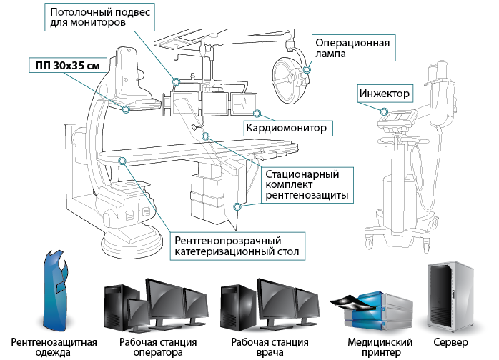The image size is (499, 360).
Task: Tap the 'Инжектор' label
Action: [385, 93]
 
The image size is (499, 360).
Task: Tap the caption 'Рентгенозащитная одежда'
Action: [54, 347]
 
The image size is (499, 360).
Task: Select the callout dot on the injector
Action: [385, 111]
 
